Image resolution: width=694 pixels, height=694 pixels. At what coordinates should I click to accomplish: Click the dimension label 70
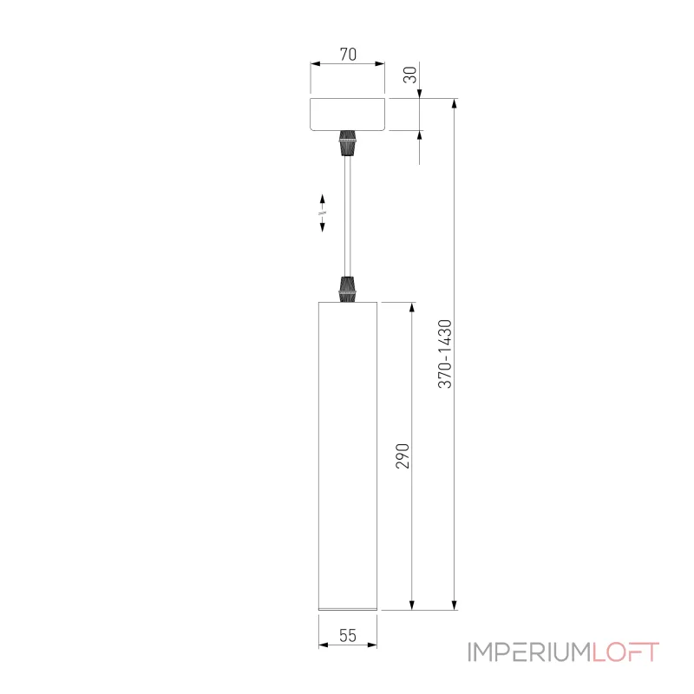pyautogui.click(x=347, y=54)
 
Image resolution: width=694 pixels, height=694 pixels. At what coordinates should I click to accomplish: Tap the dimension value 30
pyautogui.click(x=411, y=75)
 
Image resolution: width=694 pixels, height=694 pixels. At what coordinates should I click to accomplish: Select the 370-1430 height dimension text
pyautogui.click(x=445, y=353)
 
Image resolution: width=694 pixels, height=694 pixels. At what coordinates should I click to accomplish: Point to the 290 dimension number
pyautogui.click(x=402, y=455)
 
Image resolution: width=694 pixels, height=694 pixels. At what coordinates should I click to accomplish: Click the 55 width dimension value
pyautogui.click(x=347, y=634)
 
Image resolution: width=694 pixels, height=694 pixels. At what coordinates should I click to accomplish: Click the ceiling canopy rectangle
pyautogui.click(x=348, y=114)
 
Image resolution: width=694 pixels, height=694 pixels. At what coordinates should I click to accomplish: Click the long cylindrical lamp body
pyautogui.click(x=348, y=455)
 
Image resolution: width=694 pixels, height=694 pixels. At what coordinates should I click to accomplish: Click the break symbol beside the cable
pyautogui.click(x=323, y=212)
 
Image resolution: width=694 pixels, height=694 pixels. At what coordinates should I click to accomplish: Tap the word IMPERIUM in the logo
pyautogui.click(x=529, y=652)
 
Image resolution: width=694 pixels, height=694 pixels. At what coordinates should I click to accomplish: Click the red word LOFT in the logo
pyautogui.click(x=626, y=652)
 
